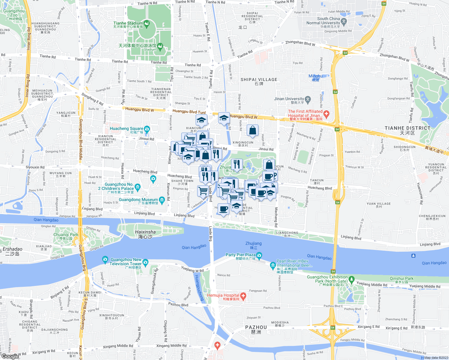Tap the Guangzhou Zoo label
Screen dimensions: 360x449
(14, 13)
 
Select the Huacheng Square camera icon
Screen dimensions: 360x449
(147, 129)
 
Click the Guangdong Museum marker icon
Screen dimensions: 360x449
(162, 200)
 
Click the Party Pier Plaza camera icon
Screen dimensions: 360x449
(259, 255)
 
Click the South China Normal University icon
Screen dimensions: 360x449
(344, 21)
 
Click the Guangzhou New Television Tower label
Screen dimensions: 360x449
(126, 262)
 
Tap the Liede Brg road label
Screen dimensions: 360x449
(210, 233)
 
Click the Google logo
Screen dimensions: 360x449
(10, 356)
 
